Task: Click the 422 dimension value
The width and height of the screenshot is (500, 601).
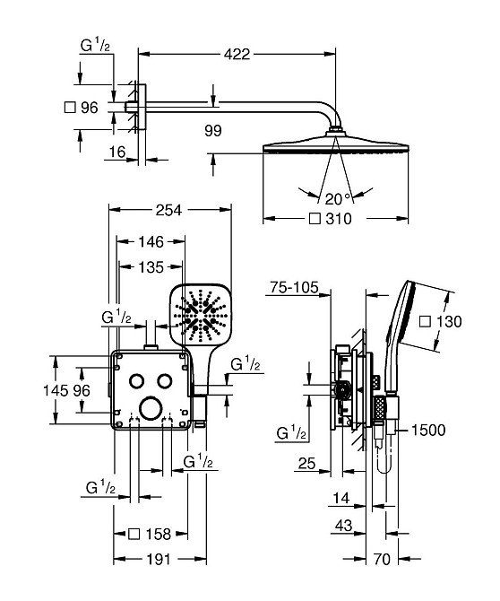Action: pyautogui.click(x=237, y=54)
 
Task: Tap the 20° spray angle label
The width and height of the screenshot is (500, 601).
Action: pyautogui.click(x=337, y=199)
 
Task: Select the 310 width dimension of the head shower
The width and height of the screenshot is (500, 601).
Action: pyautogui.click(x=339, y=219)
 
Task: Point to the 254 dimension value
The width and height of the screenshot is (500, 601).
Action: pyautogui.click(x=168, y=210)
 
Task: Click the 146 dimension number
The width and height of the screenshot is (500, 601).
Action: pyautogui.click(x=151, y=242)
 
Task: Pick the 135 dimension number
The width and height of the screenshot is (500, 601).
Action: pyautogui.click(x=151, y=267)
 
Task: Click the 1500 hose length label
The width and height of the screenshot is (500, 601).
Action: pyautogui.click(x=428, y=430)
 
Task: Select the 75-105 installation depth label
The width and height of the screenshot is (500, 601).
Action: pyautogui.click(x=294, y=287)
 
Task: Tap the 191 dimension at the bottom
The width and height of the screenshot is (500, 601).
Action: pyautogui.click(x=159, y=559)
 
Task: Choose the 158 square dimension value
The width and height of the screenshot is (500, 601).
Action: pyautogui.click(x=158, y=534)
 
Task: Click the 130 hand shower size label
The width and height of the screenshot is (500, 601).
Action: pyautogui.click(x=449, y=321)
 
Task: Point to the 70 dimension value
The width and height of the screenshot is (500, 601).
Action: pyautogui.click(x=382, y=559)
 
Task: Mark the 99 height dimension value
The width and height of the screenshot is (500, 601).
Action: pyautogui.click(x=213, y=131)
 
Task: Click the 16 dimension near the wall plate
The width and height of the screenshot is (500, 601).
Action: pyautogui.click(x=117, y=152)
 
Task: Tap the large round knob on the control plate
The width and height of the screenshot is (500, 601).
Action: pyautogui.click(x=151, y=409)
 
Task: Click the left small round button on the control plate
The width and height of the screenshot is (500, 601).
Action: pyautogui.click(x=137, y=380)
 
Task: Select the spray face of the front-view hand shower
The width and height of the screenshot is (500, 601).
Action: pyautogui.click(x=200, y=314)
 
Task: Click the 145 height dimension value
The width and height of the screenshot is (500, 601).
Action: pyautogui.click(x=56, y=390)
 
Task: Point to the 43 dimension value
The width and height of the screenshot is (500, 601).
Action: pyautogui.click(x=343, y=526)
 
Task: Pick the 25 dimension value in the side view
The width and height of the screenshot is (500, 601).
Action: pyautogui.click(x=307, y=464)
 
